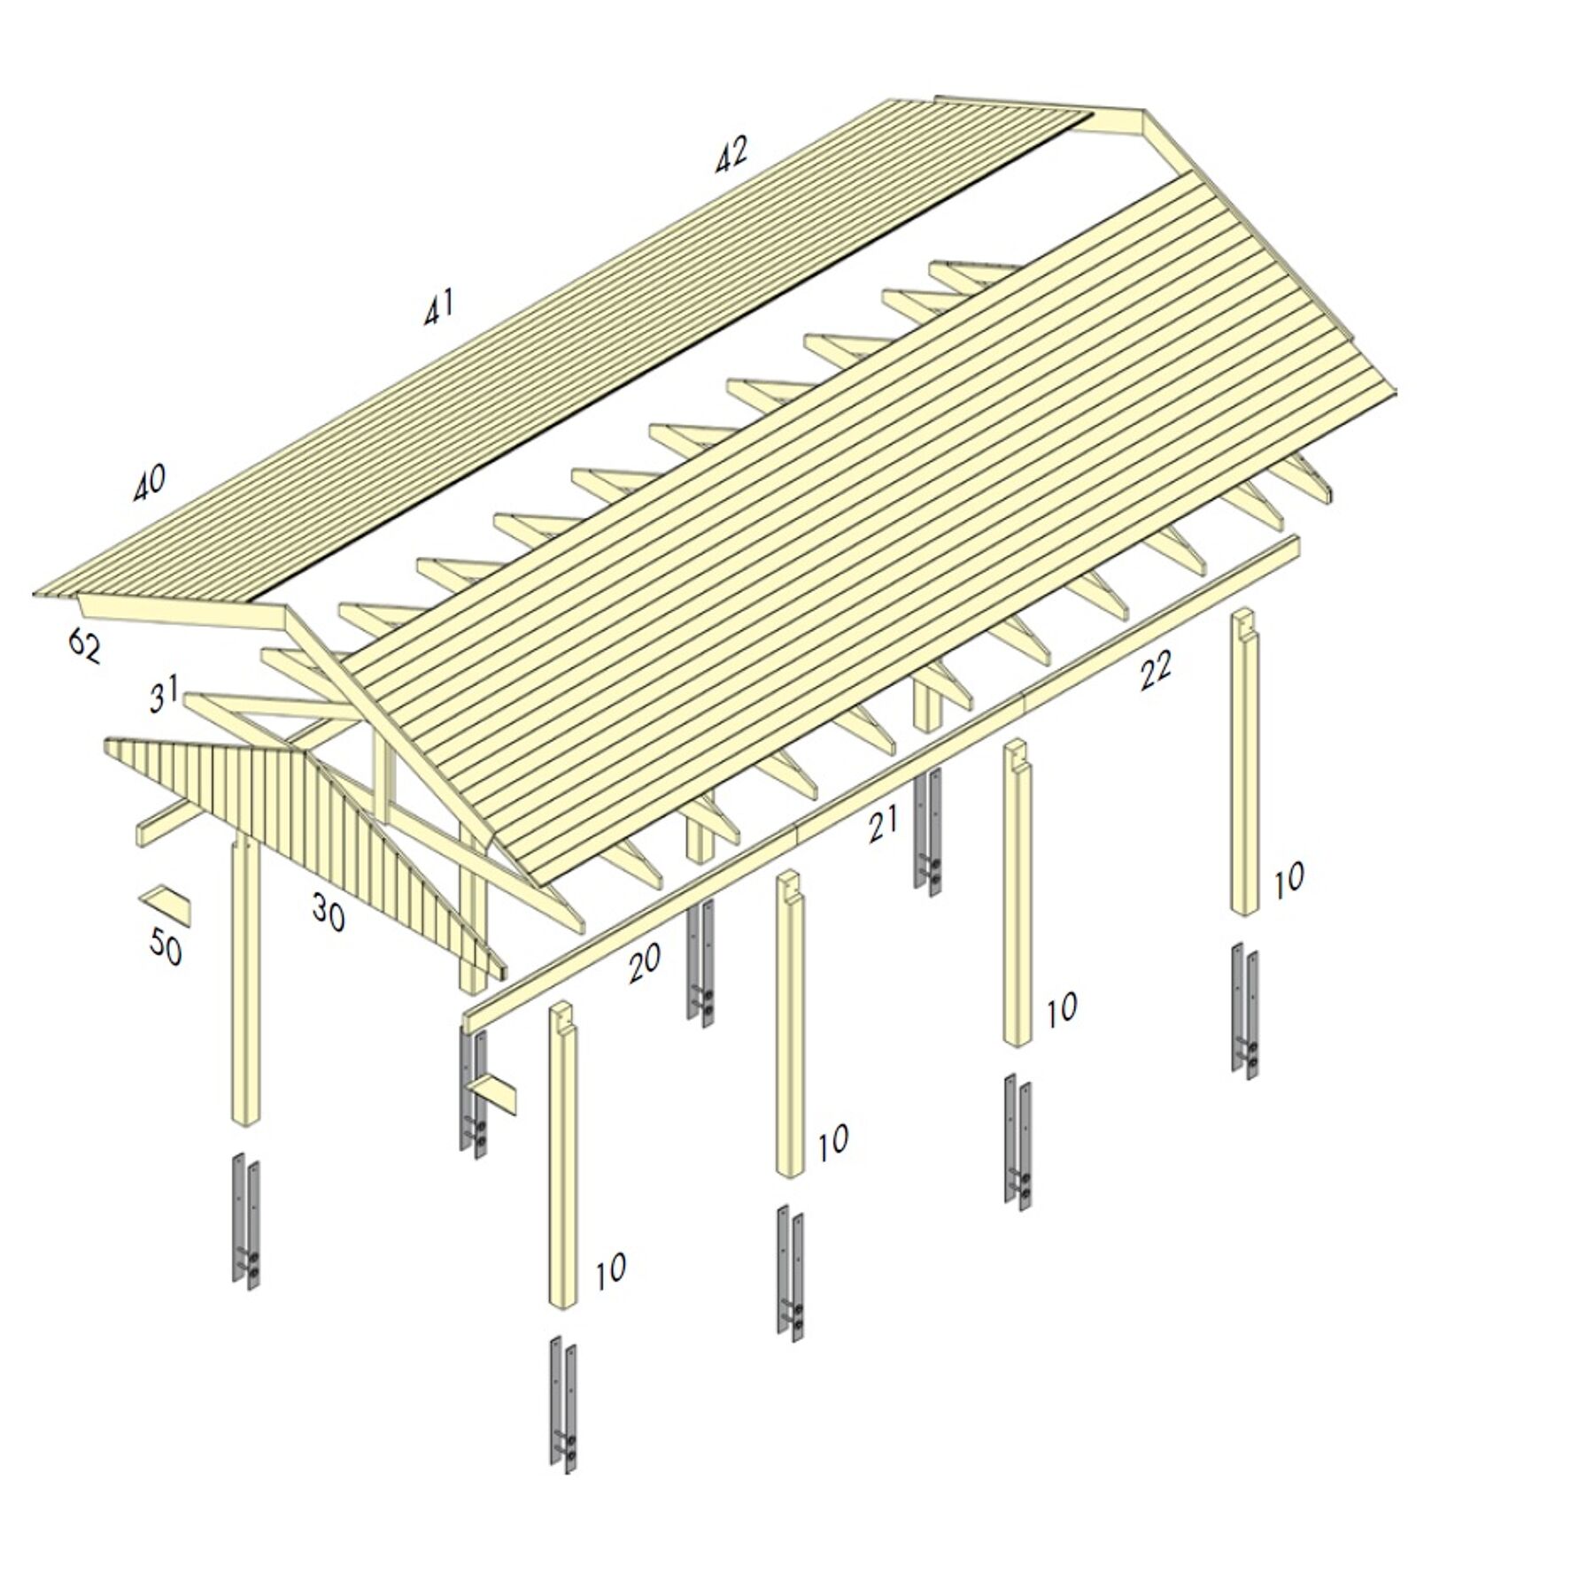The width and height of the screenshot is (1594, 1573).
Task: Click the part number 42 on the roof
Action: (x=731, y=154)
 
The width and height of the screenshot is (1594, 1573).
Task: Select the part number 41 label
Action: (x=438, y=306)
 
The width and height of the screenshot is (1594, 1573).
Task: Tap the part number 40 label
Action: (x=149, y=482)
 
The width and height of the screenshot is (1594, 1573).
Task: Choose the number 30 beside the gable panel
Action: (x=328, y=912)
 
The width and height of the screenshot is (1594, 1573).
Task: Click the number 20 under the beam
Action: (x=644, y=963)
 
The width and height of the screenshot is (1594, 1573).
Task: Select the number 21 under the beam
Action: (x=883, y=824)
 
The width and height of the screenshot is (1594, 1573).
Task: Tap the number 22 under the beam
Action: (x=1155, y=670)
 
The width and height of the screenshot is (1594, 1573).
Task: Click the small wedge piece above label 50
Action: (x=166, y=902)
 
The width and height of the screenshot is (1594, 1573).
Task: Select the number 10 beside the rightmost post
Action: (x=1288, y=879)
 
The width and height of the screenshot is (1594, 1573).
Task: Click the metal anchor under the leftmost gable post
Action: (x=247, y=1222)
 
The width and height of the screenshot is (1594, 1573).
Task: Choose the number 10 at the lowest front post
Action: (x=610, y=1271)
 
